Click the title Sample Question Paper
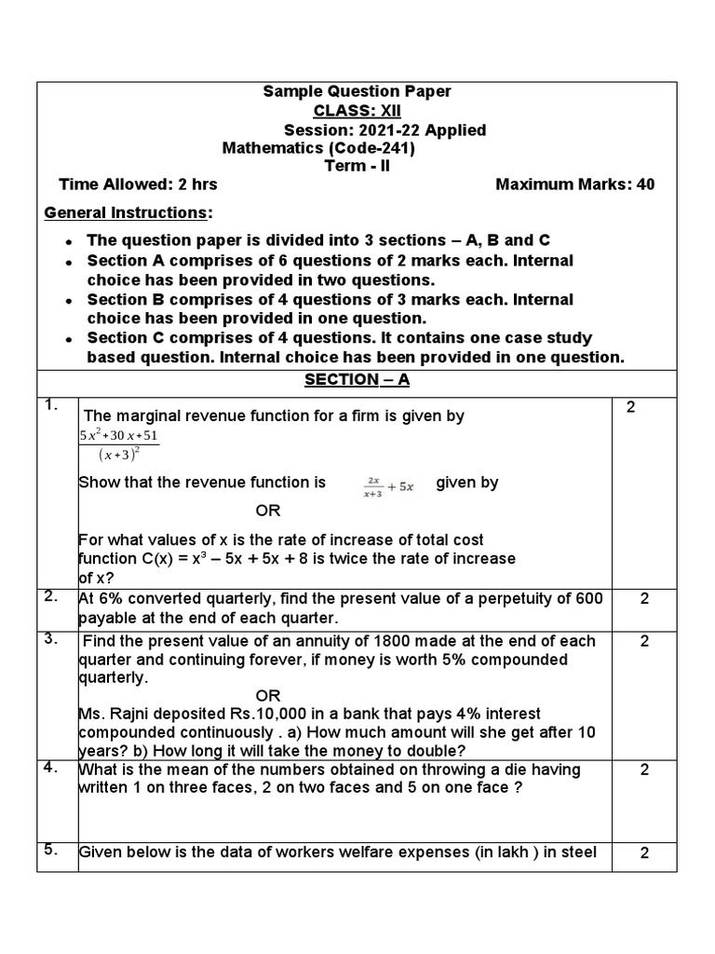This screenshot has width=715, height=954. coord(357,91)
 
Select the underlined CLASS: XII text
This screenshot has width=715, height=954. coord(357,111)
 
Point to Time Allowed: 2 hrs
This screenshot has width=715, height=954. coord(138,184)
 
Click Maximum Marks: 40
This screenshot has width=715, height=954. coord(574,184)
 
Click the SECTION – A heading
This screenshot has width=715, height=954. coord(357,380)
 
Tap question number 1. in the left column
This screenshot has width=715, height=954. coord(52,404)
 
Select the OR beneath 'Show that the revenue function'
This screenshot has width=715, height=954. coord(267,511)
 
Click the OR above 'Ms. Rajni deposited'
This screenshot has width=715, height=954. coord(267,696)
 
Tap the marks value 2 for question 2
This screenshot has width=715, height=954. coord(644,599)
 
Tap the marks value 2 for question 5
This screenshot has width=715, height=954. coord(644,853)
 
